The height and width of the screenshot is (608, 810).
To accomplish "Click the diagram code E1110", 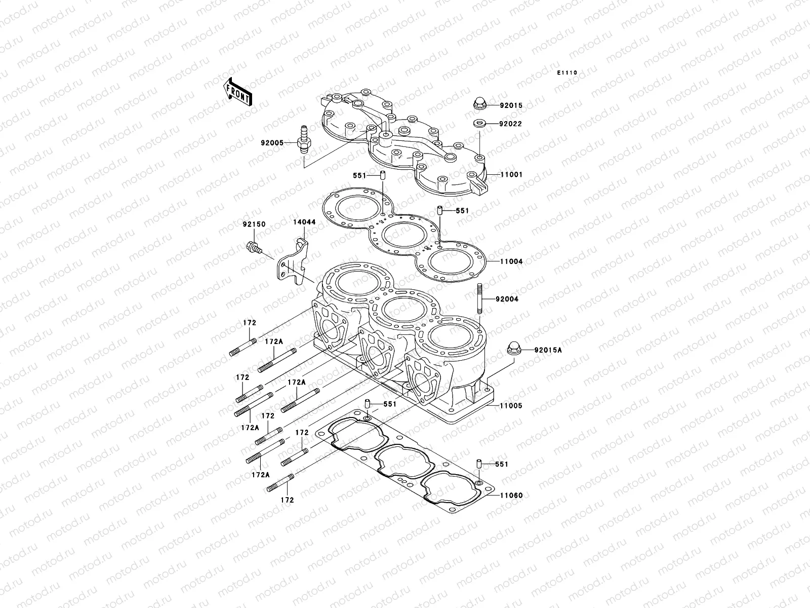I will tap(567, 73).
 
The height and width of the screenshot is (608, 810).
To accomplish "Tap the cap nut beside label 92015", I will tap(479, 104).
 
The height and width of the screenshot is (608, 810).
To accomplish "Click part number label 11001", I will tap(511, 175).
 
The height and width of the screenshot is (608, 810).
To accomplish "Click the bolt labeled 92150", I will tap(253, 247).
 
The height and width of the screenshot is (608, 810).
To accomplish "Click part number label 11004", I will tap(511, 262).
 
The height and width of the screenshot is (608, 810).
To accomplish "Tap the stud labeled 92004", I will tap(479, 299).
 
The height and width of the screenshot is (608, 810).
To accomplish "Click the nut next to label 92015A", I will tap(514, 350).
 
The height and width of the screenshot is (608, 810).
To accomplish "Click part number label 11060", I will tap(511, 495).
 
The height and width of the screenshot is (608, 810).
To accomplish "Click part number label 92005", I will tap(272, 143).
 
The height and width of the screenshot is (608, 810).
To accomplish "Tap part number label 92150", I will tap(253, 224).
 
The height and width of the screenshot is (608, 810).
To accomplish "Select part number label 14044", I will tap(304, 222).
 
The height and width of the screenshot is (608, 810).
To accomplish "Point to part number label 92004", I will tap(507, 299).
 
